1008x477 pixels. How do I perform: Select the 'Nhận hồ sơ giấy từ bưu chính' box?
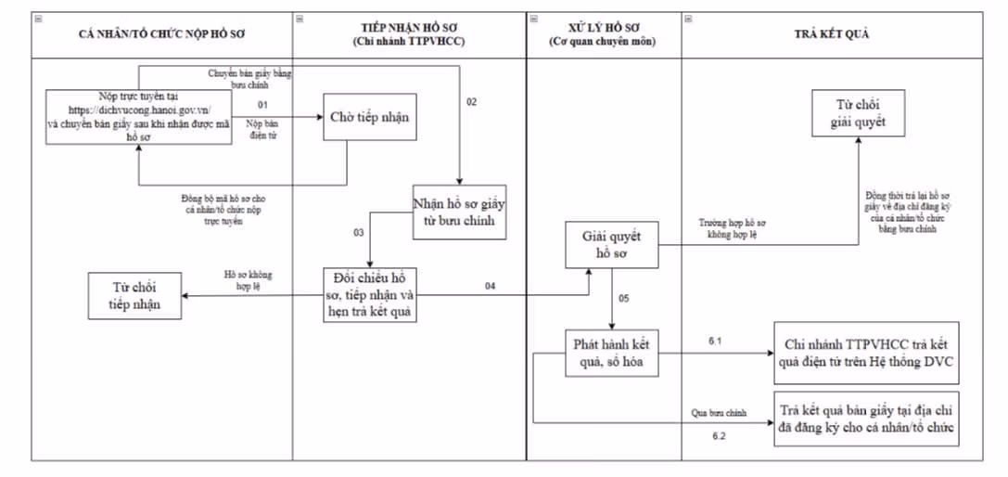pos(460,212)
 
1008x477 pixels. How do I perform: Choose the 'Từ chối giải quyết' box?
pos(855,113)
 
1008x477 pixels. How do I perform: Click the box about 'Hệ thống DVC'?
pos(866,353)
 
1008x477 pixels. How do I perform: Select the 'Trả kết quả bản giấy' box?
pos(866,419)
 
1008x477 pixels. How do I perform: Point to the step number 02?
pos(471,101)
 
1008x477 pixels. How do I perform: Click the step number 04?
pos(490,286)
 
